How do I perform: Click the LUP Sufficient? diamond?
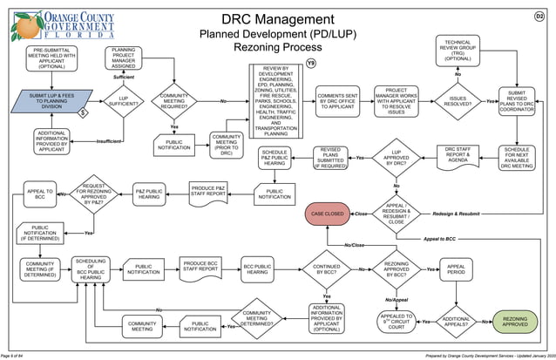[x=123, y=102]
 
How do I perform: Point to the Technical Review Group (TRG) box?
[x=458, y=51]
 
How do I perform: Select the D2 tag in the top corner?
[x=539, y=17]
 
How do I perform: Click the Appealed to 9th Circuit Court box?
[x=396, y=322]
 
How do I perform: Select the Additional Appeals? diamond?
[x=456, y=322]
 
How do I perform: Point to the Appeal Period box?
[x=456, y=269]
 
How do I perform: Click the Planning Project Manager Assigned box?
[x=123, y=58]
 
